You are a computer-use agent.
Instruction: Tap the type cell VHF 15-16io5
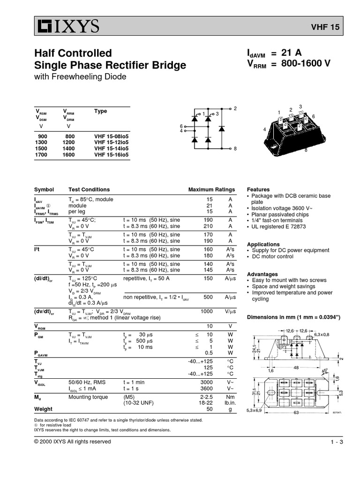coord(111,154)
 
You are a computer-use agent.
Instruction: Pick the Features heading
coord(258,189)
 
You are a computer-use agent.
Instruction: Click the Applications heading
coord(263,245)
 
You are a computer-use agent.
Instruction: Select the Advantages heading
coord(262,274)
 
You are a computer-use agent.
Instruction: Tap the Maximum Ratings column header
coord(211,189)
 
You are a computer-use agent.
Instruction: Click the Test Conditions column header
coord(89,189)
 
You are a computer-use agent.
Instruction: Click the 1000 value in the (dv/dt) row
coord(207,311)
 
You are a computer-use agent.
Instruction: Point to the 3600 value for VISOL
coord(207,389)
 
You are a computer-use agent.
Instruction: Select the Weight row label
coord(43,409)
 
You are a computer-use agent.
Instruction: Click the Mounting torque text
coord(91,397)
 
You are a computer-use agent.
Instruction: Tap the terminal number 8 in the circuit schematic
coord(235,148)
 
